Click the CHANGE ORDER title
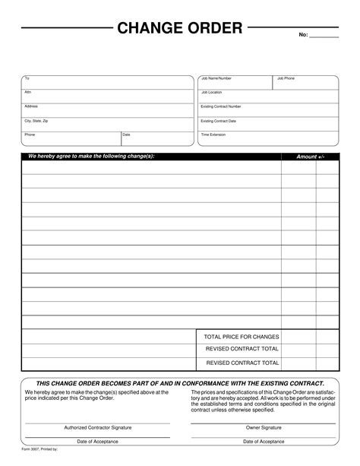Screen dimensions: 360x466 [179, 29]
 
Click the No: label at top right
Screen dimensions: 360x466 [303, 35]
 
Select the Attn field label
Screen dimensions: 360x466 [28, 92]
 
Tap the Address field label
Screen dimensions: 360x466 [31, 106]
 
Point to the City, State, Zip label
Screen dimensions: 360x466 [36, 120]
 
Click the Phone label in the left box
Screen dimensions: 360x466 [30, 135]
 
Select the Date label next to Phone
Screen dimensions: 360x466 [126, 135]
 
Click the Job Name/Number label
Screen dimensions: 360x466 [216, 78]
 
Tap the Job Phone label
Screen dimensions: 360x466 [286, 78]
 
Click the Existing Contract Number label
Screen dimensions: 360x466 [221, 106]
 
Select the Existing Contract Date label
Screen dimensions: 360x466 [218, 120]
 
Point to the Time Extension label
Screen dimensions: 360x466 [213, 135]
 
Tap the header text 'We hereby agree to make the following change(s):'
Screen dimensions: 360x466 [91, 156]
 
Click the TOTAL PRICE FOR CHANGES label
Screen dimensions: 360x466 [242, 336]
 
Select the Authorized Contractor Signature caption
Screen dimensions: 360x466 [98, 427]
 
